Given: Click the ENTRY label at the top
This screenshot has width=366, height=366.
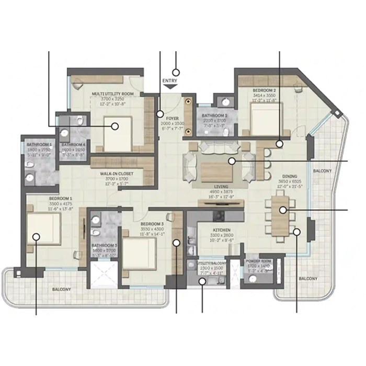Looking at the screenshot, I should pyautogui.click(x=170, y=81).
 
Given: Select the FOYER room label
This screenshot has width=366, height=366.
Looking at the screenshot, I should pyautogui.click(x=172, y=104).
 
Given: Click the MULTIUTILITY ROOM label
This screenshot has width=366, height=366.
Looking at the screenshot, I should pyautogui.click(x=112, y=94).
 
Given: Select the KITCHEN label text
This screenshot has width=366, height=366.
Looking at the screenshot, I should pyautogui.click(x=222, y=230).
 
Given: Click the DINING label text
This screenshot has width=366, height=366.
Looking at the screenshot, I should pyautogui.click(x=289, y=177).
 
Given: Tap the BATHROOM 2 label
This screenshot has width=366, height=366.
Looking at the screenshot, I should pyautogui.click(x=214, y=115).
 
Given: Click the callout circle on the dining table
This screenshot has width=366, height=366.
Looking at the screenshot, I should pyautogui.click(x=282, y=210).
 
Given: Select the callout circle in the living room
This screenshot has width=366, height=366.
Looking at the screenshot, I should pyautogui.click(x=231, y=161).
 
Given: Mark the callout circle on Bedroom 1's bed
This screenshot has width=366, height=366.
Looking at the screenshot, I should pyautogui.click(x=36, y=237).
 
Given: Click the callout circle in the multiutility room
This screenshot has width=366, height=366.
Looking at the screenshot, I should pyautogui.click(x=113, y=125).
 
